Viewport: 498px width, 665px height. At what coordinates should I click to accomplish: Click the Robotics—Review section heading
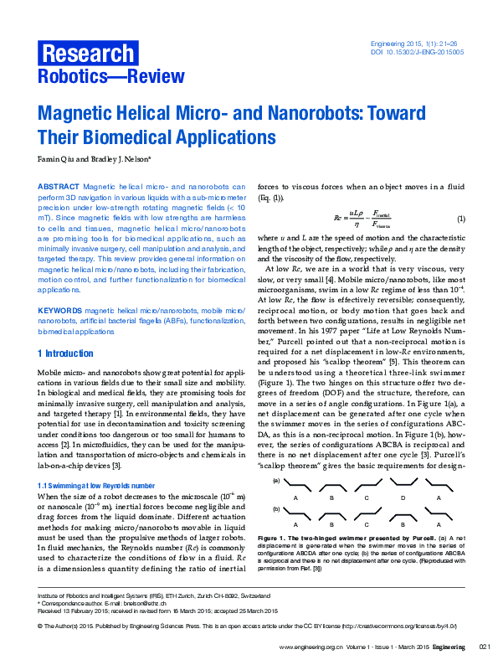(x=110, y=77)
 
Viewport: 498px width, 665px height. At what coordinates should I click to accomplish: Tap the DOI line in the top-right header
(x=417, y=51)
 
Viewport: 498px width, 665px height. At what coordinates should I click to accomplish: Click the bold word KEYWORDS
(x=60, y=310)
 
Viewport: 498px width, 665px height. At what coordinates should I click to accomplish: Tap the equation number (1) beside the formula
(x=459, y=219)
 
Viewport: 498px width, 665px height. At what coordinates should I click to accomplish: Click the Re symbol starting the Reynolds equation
(x=338, y=219)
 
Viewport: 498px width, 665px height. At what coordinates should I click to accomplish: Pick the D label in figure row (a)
(x=403, y=497)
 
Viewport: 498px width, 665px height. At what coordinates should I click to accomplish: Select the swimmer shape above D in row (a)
(x=403, y=484)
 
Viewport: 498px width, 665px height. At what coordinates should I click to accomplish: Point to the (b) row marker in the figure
(x=276, y=508)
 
